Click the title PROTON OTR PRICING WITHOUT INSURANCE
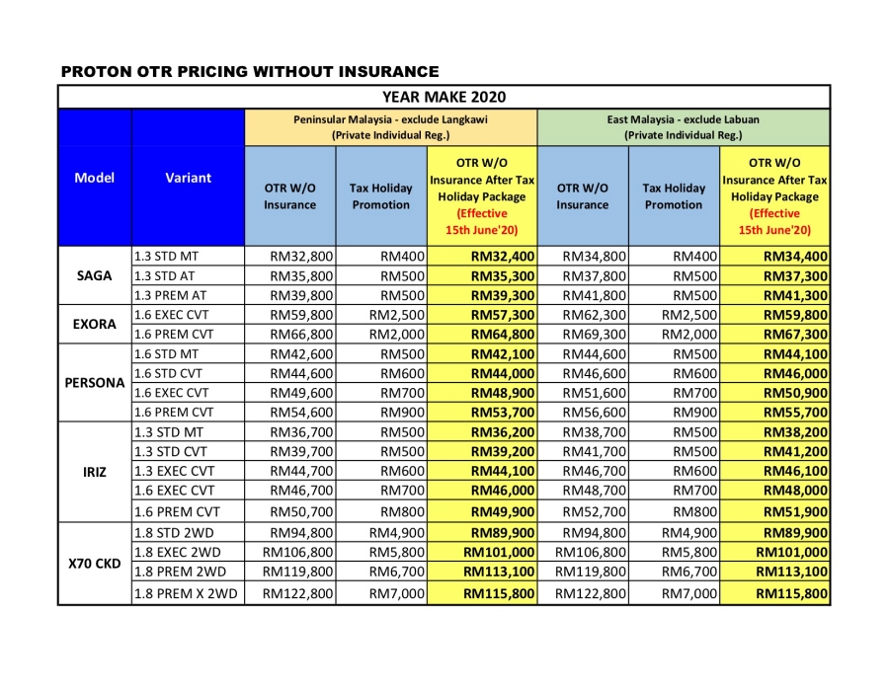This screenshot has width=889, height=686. [x=250, y=71]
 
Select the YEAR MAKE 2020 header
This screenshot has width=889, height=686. [x=444, y=97]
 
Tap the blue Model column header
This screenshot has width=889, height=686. [x=94, y=178]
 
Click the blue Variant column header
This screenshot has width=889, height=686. [x=188, y=178]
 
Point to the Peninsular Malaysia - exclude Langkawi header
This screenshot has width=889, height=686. [x=390, y=126]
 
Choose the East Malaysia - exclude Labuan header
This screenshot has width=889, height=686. [x=683, y=126]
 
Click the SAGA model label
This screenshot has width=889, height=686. [x=94, y=275]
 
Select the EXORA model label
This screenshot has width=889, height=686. [x=94, y=324]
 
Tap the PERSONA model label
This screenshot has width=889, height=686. [x=94, y=383]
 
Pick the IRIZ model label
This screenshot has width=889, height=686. [x=94, y=472]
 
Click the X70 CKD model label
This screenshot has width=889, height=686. [x=94, y=563]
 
